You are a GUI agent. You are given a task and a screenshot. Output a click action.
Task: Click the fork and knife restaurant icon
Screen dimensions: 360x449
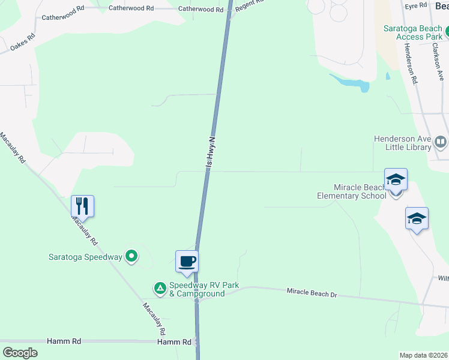[x=82, y=206]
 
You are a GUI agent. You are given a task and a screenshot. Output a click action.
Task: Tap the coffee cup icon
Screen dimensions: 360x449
[x=187, y=261]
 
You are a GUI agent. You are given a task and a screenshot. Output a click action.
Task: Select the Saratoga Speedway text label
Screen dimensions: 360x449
[x=85, y=257]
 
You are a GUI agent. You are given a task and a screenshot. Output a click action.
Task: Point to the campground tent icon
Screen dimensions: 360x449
[x=160, y=289]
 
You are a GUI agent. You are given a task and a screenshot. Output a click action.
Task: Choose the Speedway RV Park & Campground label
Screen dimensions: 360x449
[x=196, y=289]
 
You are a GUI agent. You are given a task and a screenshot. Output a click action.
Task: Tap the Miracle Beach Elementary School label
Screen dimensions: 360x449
[x=352, y=191]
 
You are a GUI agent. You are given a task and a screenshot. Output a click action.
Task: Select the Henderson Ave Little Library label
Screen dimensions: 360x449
[x=402, y=142]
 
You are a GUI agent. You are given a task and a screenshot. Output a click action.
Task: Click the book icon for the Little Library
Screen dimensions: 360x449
[x=441, y=142]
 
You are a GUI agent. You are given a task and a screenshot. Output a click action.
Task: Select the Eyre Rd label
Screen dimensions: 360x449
[x=415, y=6]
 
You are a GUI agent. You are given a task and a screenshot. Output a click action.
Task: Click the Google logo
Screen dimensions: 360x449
[x=20, y=352]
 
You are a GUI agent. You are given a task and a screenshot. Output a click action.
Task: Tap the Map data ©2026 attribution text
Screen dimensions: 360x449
[x=423, y=355]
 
